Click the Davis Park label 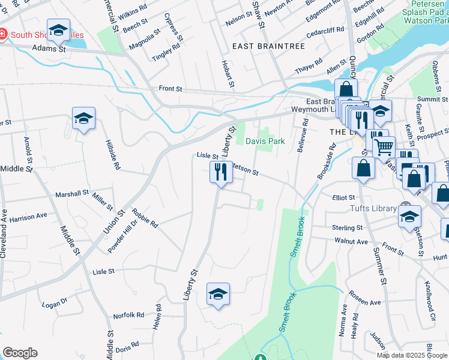click(265, 141)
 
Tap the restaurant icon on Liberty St click(220, 172)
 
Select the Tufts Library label click(373, 208)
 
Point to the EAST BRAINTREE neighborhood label click(262, 46)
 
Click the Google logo click(20, 353)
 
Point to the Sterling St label click(348, 228)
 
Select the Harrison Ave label click(28, 217)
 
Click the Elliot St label click(343, 197)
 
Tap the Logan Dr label click(54, 304)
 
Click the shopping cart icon click(384, 146)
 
